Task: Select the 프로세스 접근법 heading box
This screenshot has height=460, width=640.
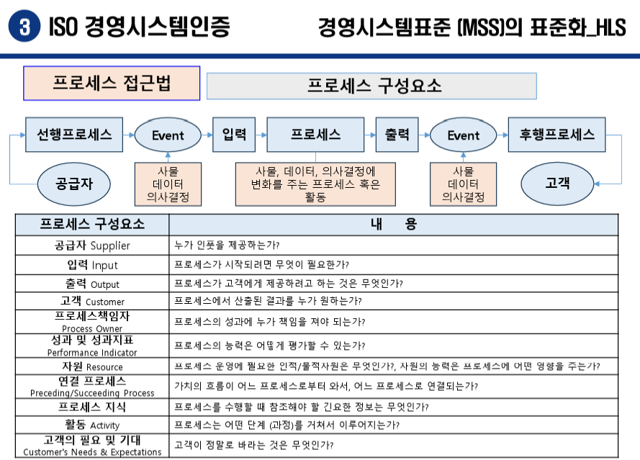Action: [x=112, y=83]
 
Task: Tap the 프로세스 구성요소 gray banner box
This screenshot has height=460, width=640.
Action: [x=371, y=86]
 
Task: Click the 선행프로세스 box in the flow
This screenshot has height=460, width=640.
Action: [x=74, y=135]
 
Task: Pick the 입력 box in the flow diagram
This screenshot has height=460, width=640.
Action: [x=234, y=135]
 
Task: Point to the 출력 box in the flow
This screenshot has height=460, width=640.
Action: [x=397, y=135]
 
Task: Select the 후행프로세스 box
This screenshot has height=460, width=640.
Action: [x=557, y=135]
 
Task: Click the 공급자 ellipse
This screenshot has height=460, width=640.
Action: [x=74, y=183]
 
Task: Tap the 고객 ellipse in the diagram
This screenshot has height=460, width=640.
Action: [x=557, y=183]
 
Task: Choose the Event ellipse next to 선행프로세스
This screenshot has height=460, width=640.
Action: [x=168, y=135]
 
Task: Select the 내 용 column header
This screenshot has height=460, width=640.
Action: [x=394, y=224]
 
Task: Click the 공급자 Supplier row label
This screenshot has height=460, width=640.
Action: [x=92, y=245]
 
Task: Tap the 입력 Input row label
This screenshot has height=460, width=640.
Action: [x=92, y=265]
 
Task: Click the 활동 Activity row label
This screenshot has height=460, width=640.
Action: [x=92, y=425]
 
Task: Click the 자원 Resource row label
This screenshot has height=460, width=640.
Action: [x=92, y=366]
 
